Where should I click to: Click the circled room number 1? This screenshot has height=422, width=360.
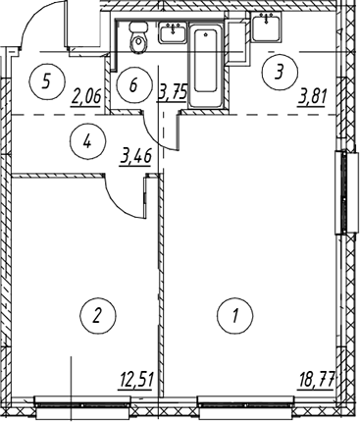(234, 316)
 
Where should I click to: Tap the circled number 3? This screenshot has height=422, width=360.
(280, 72)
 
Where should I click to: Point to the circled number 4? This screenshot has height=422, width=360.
(87, 141)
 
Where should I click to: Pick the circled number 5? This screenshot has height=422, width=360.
(47, 80)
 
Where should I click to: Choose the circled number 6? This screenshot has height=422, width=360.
(134, 85)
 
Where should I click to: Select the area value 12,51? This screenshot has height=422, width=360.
(136, 382)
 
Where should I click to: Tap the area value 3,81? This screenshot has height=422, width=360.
(312, 98)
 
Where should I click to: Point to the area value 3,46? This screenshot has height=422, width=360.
(136, 158)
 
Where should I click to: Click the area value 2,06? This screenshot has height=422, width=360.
(85, 97)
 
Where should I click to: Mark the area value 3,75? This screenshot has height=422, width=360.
(173, 91)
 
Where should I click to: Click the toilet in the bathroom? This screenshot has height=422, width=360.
(139, 37)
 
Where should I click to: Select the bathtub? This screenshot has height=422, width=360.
(205, 66)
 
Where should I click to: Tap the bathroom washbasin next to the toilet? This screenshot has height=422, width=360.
(173, 32)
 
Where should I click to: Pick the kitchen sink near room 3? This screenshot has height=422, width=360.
(267, 27)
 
